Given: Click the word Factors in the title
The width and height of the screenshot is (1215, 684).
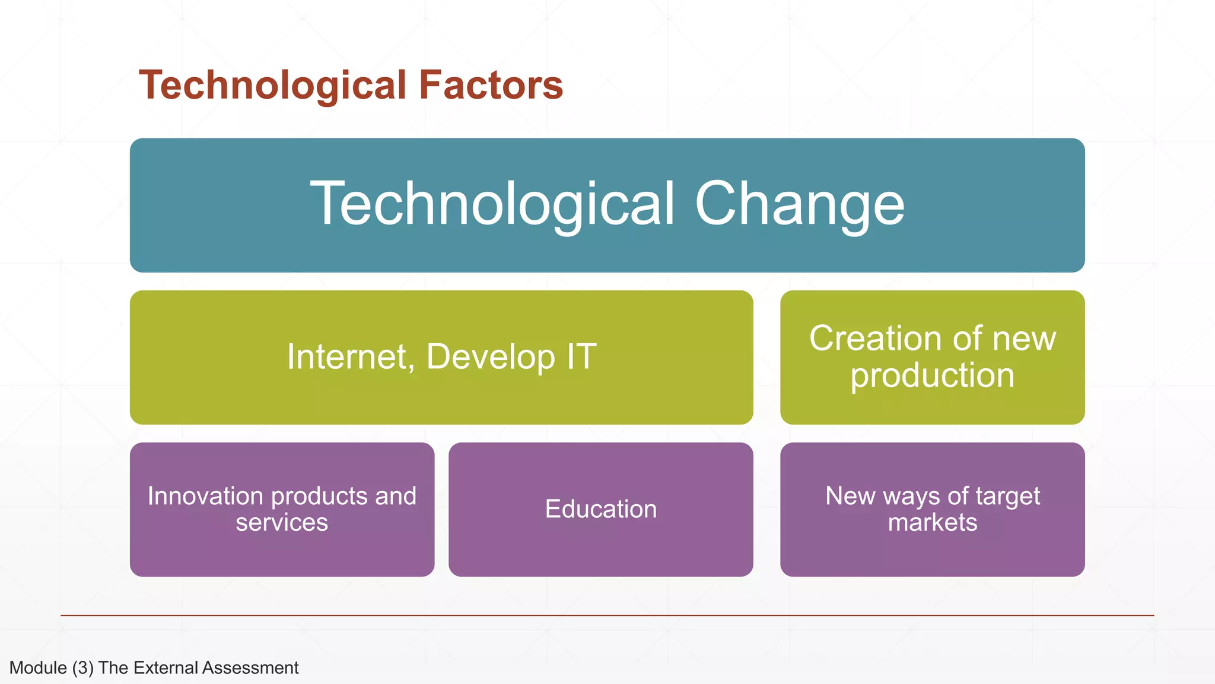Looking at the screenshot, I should [x=491, y=85].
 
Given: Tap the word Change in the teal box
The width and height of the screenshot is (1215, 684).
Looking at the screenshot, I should [x=799, y=204].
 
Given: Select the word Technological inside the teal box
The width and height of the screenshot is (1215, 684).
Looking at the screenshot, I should [x=492, y=204].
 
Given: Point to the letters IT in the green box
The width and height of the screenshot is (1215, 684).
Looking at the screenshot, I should [x=581, y=357].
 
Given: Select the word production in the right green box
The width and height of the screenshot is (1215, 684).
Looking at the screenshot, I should [x=932, y=376].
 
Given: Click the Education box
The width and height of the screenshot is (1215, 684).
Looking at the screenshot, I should [x=600, y=509].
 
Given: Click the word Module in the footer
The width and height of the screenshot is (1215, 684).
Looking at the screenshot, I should [x=38, y=668].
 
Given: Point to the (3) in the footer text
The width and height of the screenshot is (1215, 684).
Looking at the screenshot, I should [x=83, y=668].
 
